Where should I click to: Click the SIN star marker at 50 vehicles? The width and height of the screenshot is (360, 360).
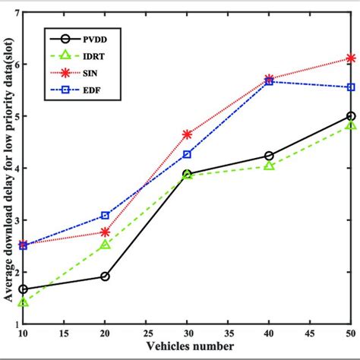click(350, 58)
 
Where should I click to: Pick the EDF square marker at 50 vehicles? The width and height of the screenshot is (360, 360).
click(350, 87)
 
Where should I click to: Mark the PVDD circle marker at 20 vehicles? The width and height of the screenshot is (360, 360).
click(105, 276)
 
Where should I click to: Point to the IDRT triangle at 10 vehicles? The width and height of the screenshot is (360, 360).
click(24, 302)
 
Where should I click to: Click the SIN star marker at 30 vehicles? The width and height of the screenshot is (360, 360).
click(187, 134)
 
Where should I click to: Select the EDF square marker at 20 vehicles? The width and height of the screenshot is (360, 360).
click(105, 216)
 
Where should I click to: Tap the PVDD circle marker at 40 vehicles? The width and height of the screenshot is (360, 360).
click(269, 156)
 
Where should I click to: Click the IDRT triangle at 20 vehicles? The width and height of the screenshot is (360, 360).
click(105, 245)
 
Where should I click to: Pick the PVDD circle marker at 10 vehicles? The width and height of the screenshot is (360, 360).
click(24, 289)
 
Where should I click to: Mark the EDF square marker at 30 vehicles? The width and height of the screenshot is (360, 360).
click(187, 154)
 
